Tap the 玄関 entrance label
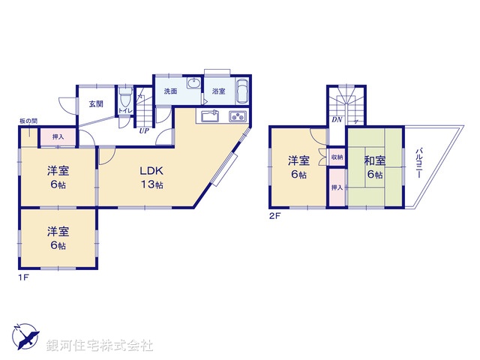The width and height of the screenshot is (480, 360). pos(95,103)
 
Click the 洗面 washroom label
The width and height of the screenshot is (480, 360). pos(170,91)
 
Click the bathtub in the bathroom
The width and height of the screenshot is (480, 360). pos(243,93)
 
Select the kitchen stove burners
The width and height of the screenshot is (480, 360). pos(237,116)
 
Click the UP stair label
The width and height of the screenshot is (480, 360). pos(142,130)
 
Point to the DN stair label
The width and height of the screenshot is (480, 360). pos(337,118)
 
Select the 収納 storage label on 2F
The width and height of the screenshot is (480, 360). pos(337,157)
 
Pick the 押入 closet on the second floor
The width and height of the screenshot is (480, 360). pos(337,187)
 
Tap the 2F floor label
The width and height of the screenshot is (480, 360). pos(274,216)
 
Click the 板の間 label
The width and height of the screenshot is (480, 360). pos(28,121)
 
